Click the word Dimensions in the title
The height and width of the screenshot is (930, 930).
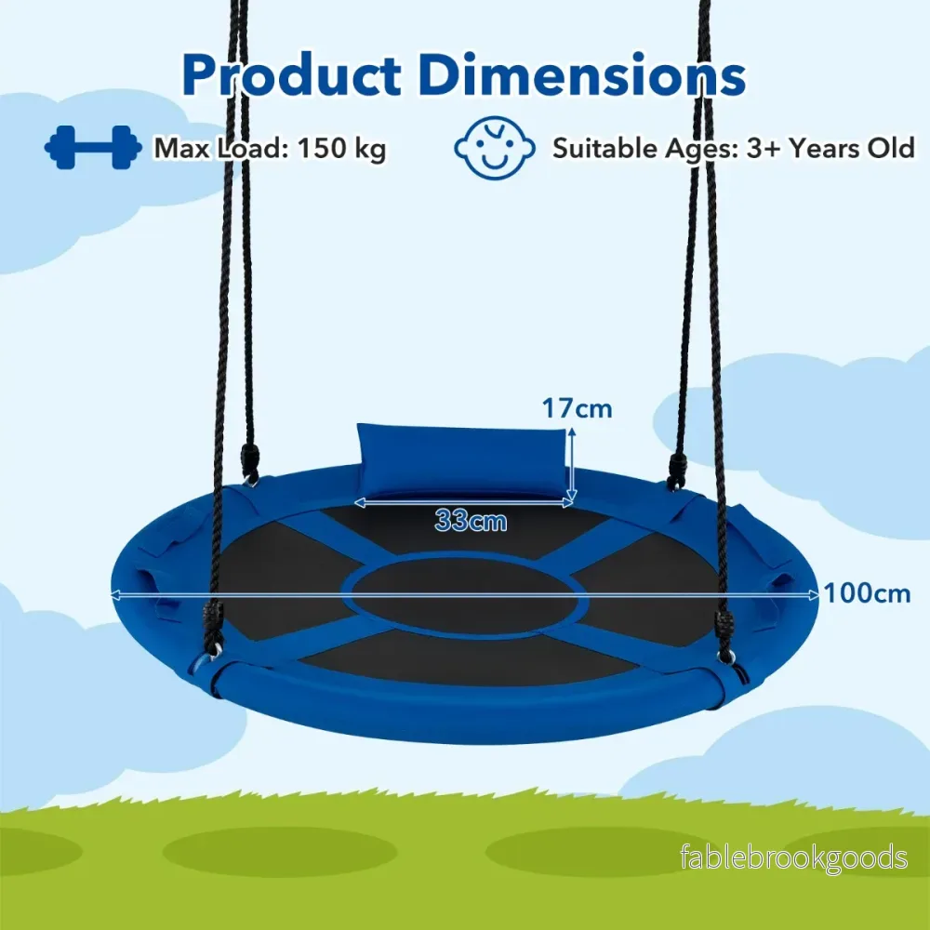click(582, 74)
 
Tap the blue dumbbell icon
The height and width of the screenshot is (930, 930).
click(93, 147)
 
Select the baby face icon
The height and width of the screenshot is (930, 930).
click(495, 148)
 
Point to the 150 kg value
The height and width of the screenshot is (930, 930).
click(341, 148)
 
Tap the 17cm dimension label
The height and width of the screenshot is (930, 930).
click(577, 408)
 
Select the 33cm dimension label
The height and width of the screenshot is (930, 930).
click(471, 521)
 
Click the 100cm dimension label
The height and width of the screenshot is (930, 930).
click(867, 593)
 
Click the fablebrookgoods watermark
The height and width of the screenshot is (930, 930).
click(793, 857)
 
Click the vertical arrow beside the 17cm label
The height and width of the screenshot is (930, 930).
click(572, 466)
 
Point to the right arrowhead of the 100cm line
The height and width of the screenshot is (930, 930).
click(814, 595)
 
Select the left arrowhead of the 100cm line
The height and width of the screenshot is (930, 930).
click(117, 593)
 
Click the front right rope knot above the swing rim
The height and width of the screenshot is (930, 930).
click(723, 630)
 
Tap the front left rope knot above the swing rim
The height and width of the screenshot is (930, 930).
click(213, 624)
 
